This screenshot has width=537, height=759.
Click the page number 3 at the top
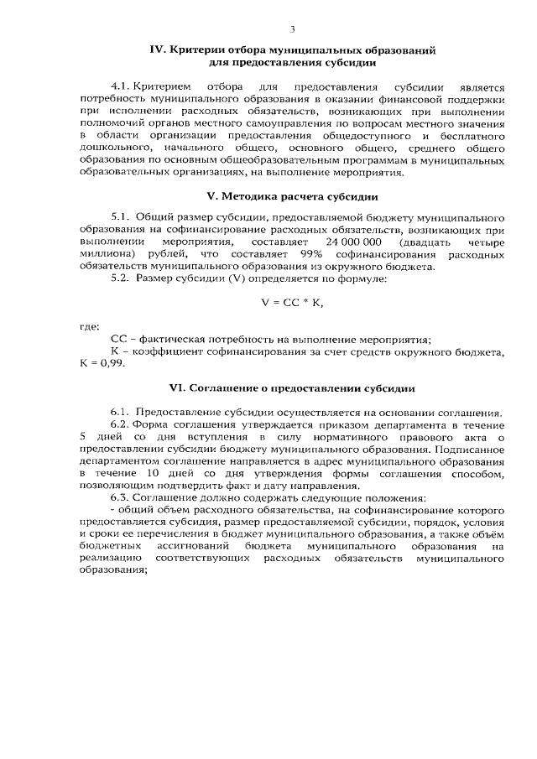(292, 29)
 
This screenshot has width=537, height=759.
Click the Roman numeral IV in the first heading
(155, 50)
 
